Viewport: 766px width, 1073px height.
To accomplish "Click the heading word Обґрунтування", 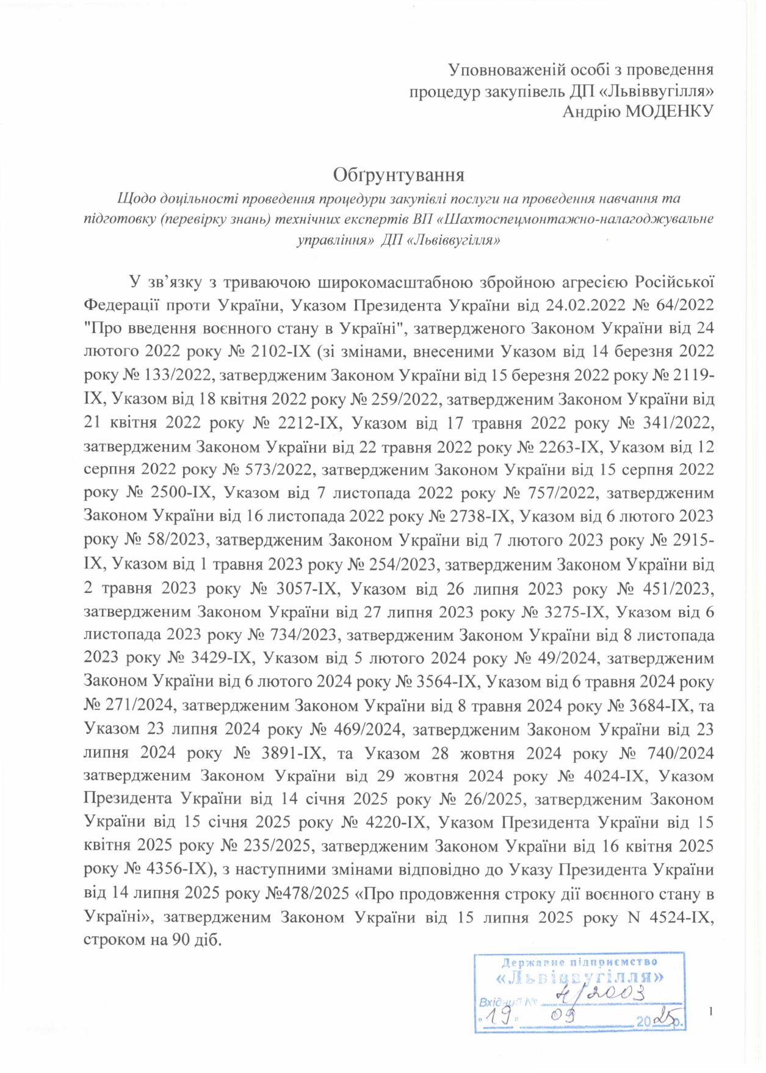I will coord(398,175).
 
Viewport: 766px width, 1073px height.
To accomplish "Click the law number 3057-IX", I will coord(302,589).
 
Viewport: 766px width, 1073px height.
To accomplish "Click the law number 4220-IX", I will coord(388,823).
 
